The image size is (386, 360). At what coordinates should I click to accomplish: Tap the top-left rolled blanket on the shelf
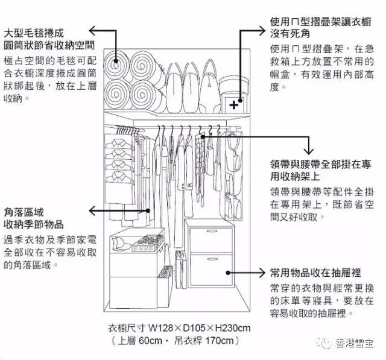point(116,65)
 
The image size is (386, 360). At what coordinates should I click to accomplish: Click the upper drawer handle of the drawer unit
point(212,233)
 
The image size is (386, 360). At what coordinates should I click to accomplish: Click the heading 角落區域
point(25,212)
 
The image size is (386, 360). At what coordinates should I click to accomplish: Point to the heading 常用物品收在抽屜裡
point(315,272)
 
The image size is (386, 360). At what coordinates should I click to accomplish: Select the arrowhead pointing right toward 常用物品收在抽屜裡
point(264,272)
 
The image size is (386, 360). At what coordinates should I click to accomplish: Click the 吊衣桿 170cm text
point(207,341)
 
